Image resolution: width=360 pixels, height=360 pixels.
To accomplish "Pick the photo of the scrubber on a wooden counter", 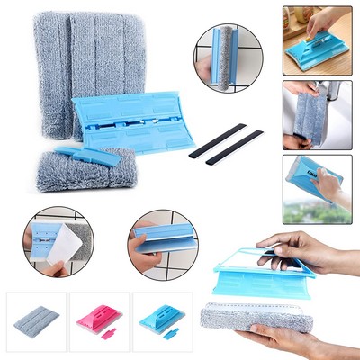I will click(x=317, y=40).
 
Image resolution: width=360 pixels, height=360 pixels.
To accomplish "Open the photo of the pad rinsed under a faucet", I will click(x=317, y=114).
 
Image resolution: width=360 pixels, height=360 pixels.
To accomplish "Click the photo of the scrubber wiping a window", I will click(x=317, y=188).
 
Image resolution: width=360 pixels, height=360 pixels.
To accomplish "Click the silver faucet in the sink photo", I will click(x=333, y=92).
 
